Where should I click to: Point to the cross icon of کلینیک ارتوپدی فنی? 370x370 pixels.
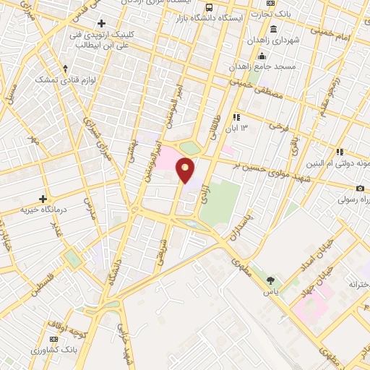pos(101,23)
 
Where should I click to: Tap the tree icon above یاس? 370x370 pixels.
pos(271,280)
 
